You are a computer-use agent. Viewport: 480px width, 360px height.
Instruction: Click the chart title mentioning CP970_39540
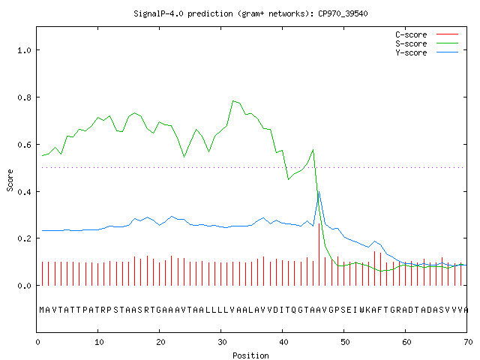[x=250, y=13]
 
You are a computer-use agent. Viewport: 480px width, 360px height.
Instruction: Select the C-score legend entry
[x=427, y=34]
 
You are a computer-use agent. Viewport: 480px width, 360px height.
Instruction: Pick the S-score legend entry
[x=427, y=43]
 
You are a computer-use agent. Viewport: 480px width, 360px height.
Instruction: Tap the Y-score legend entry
[x=427, y=52]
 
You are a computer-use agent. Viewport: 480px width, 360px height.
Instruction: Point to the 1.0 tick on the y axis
[x=24, y=50]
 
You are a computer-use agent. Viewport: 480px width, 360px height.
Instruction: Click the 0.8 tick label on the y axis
[x=24, y=97]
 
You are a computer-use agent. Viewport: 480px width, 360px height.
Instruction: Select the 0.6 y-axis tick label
[x=24, y=145]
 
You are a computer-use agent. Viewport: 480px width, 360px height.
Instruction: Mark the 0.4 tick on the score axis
[x=24, y=192]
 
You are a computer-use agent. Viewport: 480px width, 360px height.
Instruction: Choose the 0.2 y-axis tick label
[x=24, y=238]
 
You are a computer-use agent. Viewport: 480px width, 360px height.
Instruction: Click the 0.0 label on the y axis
[x=24, y=286]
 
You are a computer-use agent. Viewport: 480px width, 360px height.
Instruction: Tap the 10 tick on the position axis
[x=99, y=342]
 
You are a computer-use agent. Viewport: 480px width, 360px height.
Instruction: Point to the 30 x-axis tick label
[x=222, y=342]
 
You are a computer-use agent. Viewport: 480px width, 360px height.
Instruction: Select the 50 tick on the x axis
[x=345, y=342]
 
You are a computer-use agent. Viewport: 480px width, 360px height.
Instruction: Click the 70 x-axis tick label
[x=468, y=342]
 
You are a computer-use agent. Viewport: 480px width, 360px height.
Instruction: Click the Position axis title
[x=250, y=355]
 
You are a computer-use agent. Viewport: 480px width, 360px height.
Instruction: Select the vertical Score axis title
[x=10, y=181]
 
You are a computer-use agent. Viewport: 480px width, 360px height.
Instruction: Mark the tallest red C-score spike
[x=319, y=255]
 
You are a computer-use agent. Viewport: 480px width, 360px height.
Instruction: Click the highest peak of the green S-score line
[x=233, y=100]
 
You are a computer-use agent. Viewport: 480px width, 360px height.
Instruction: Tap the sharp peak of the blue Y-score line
[x=319, y=192]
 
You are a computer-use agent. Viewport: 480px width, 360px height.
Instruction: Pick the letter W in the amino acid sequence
[x=362, y=310]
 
